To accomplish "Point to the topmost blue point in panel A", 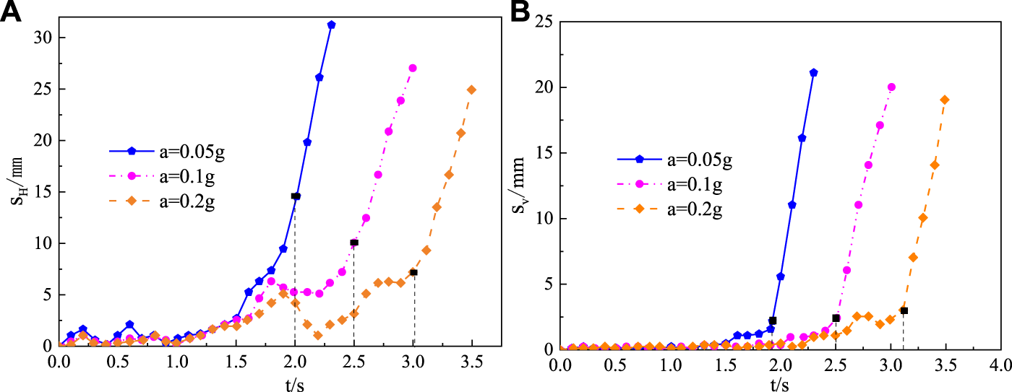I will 331,25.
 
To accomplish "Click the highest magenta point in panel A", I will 413,68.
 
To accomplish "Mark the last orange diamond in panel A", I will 472,90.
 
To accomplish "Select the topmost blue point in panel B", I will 813,72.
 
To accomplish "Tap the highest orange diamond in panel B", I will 944,100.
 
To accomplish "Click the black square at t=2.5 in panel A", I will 354,243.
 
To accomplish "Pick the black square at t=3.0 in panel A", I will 413,272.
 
